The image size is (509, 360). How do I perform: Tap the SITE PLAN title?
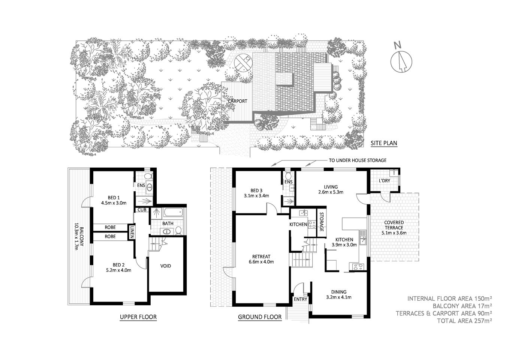(x=383, y=143)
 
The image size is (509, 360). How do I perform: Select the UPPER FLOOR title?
(x=138, y=317)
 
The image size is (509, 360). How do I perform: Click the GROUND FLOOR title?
(x=260, y=317)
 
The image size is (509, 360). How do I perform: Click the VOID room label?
(x=166, y=266)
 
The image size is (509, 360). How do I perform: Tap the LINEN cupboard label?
(x=132, y=231)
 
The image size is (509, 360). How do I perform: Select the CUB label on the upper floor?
(x=142, y=210)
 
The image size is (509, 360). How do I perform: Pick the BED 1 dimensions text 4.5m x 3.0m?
(x=114, y=203)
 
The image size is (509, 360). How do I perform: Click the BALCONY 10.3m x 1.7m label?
(x=78, y=236)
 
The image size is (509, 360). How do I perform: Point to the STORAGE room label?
(x=321, y=222)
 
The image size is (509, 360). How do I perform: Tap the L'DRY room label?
(x=384, y=181)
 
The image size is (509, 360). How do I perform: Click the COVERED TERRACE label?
(x=394, y=225)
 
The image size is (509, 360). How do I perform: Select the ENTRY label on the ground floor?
(x=300, y=299)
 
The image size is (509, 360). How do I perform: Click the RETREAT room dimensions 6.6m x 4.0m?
(x=261, y=262)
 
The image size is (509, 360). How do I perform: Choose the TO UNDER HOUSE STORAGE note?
(x=357, y=160)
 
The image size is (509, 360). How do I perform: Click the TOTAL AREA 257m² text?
(x=464, y=321)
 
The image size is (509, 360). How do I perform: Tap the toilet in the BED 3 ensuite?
(x=288, y=175)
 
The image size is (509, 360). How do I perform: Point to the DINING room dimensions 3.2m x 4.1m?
(x=338, y=297)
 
